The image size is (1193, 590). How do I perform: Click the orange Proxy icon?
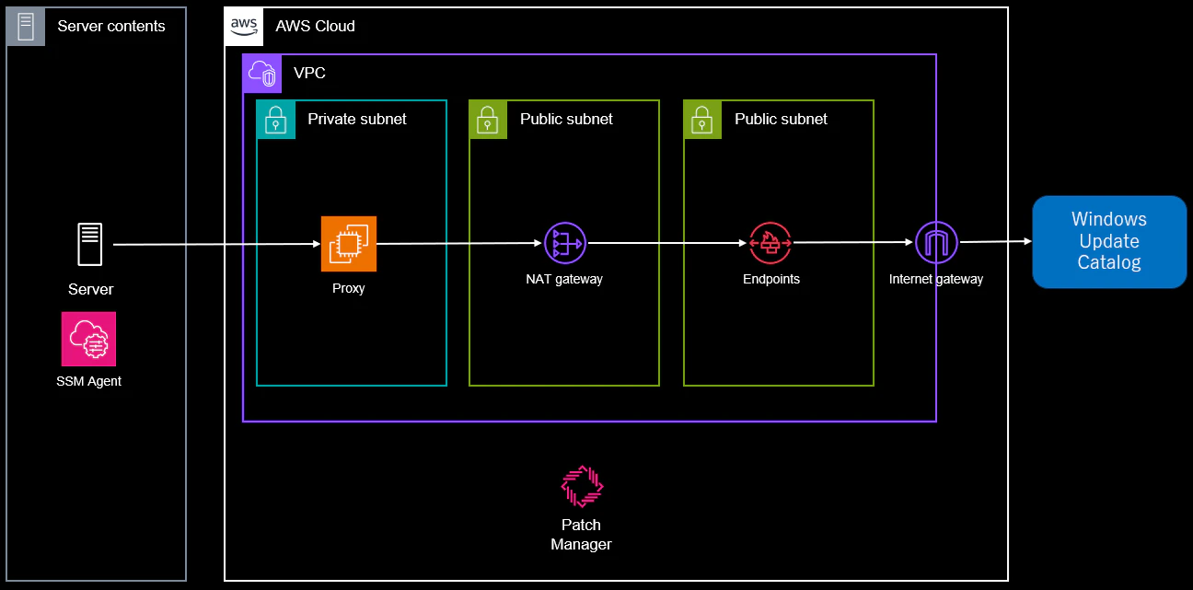tap(349, 244)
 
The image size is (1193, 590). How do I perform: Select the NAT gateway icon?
tap(565, 243)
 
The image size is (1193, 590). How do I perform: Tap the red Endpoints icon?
tap(770, 243)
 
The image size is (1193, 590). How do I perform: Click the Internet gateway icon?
tap(936, 242)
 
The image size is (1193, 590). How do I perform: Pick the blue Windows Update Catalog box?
tap(1109, 242)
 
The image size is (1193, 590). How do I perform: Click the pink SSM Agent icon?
tap(88, 340)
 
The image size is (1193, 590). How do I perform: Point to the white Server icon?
tap(90, 244)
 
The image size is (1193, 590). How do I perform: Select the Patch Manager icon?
tap(582, 486)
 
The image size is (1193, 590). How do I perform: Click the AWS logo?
tap(244, 26)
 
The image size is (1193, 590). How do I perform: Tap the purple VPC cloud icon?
tap(262, 74)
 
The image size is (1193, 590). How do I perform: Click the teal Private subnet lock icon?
tap(276, 120)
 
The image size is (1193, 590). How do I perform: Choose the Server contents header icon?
tap(26, 27)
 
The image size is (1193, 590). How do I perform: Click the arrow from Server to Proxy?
tap(216, 245)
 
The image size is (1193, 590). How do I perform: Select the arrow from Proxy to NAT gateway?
tap(459, 243)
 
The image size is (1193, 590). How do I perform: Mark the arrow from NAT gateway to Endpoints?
tap(666, 243)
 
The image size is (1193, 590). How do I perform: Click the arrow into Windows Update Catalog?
tap(996, 242)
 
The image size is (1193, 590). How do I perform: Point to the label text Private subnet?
tap(357, 119)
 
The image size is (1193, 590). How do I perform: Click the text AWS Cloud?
tap(316, 26)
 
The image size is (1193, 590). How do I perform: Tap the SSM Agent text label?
tap(89, 381)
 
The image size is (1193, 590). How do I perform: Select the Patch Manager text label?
tap(581, 535)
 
